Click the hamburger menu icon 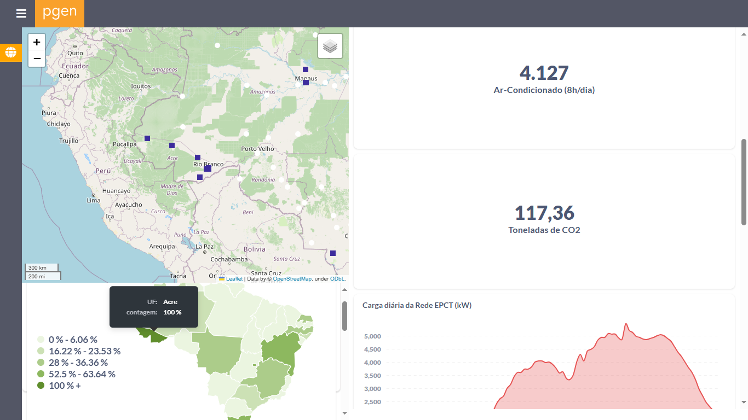(x=21, y=14)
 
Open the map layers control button (x=330, y=46)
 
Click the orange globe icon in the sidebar (x=11, y=52)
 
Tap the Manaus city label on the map (x=306, y=78)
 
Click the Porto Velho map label (x=257, y=149)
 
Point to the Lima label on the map (x=94, y=200)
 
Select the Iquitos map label (x=141, y=86)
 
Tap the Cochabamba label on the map (x=229, y=259)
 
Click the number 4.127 (x=544, y=73)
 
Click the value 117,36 (x=544, y=213)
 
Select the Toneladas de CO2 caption (x=544, y=230)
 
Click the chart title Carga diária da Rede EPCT (x=417, y=305)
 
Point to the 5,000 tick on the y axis (x=372, y=336)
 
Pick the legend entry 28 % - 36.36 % (x=78, y=363)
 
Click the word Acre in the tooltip (x=170, y=302)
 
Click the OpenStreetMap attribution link (x=292, y=279)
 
